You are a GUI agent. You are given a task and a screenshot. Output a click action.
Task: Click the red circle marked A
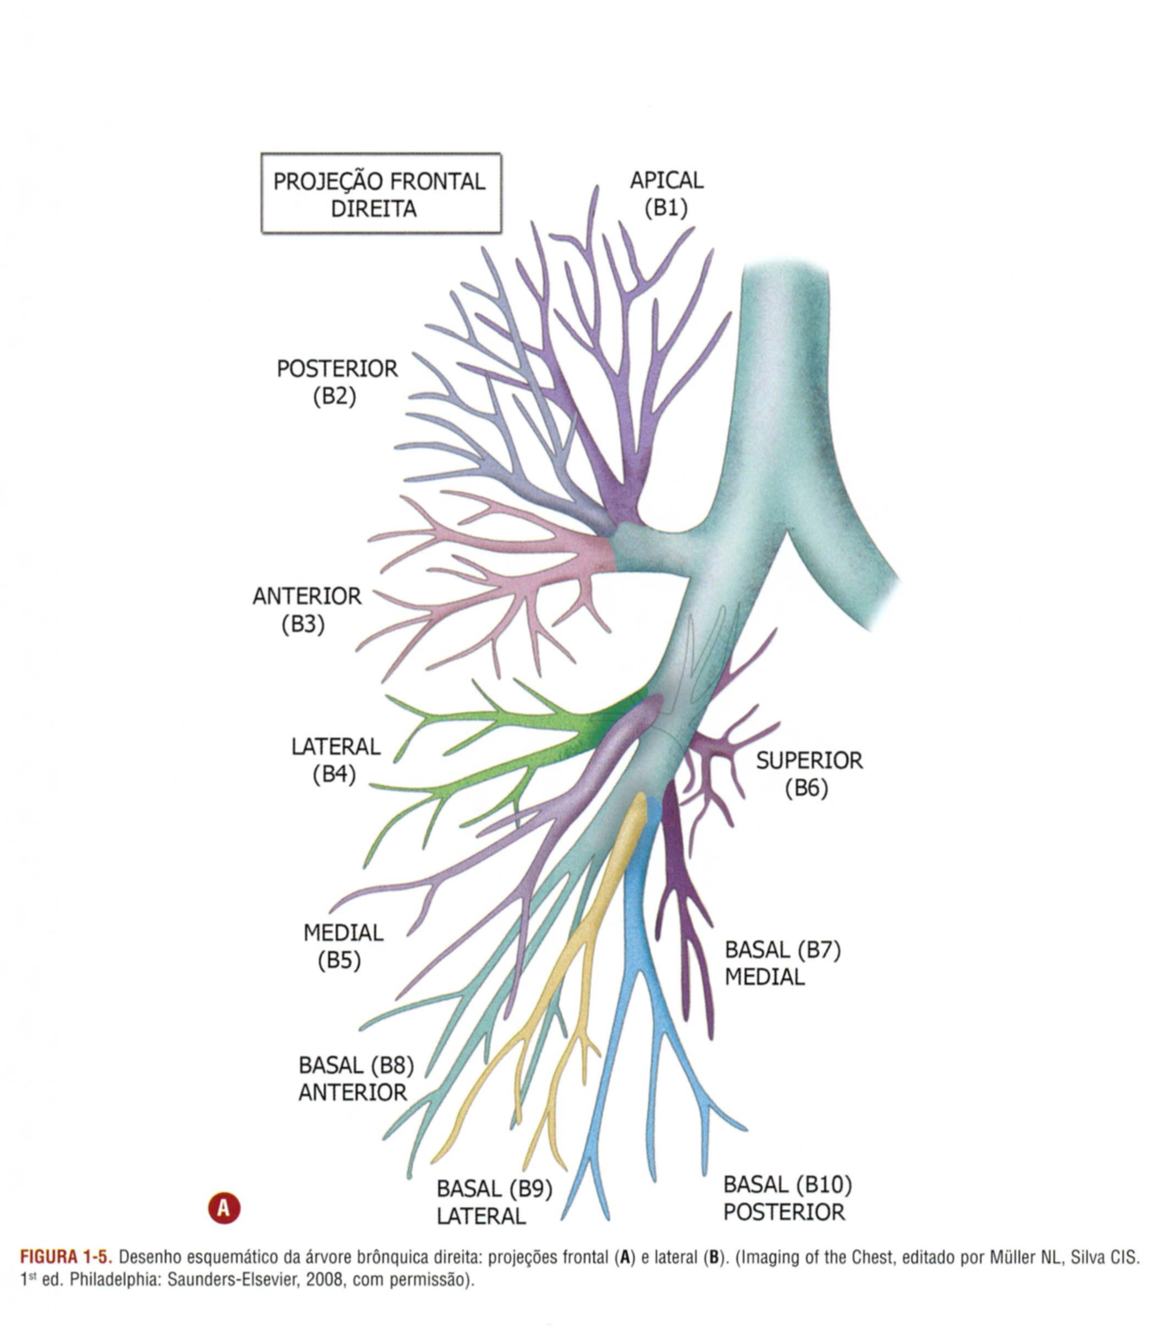click(x=224, y=1208)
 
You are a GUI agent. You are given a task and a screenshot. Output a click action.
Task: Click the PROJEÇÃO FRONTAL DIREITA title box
click(x=380, y=194)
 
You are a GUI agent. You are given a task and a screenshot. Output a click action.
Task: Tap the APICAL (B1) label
click(x=666, y=194)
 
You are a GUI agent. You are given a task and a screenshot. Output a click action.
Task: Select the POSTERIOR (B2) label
click(x=337, y=382)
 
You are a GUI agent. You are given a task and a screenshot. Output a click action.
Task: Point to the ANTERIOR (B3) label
click(x=306, y=610)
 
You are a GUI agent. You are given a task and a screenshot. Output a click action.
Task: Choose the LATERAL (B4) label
click(x=335, y=760)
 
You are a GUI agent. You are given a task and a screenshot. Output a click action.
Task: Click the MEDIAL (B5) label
click(x=342, y=946)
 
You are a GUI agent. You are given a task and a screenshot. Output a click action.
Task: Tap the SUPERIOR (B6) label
click(x=808, y=774)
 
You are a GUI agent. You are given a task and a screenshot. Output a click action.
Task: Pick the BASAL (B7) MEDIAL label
click(x=781, y=963)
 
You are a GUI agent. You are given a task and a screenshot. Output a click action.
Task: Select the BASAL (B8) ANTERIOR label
click(x=355, y=1079)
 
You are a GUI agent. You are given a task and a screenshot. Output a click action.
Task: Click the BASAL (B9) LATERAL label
click(x=493, y=1202)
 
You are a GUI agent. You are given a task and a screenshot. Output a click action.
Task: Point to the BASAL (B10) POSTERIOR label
click(x=786, y=1198)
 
